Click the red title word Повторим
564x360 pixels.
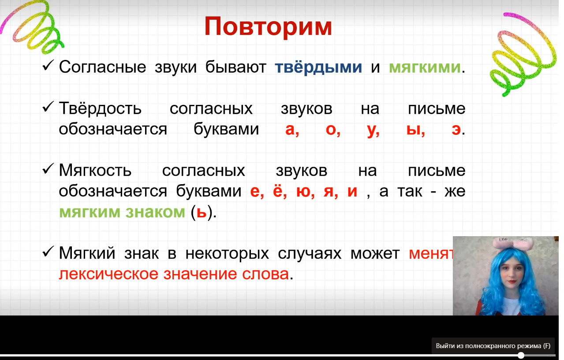click(x=268, y=27)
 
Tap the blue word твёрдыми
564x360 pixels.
click(x=318, y=67)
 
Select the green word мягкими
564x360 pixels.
click(x=425, y=68)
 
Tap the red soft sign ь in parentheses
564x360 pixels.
click(x=202, y=212)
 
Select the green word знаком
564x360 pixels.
click(x=155, y=212)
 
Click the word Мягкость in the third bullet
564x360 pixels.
click(x=95, y=171)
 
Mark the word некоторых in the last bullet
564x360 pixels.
click(x=227, y=253)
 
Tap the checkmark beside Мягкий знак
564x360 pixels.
click(x=48, y=251)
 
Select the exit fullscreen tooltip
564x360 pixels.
click(x=493, y=346)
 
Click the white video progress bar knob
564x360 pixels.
click(x=521, y=356)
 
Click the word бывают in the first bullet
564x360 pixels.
click(x=235, y=67)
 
